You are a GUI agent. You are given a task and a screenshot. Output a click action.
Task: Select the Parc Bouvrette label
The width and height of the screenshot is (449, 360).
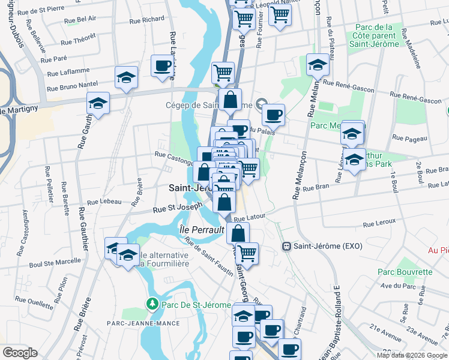[405, 272]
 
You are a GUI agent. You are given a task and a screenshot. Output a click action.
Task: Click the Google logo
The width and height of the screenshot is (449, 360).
[20, 353]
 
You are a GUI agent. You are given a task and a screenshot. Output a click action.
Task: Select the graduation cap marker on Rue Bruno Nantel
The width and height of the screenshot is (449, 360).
[127, 77]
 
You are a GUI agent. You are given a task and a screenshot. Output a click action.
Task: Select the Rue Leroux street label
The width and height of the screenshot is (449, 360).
[379, 224]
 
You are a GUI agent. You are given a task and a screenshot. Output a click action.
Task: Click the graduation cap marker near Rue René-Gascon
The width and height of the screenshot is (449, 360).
[317, 65]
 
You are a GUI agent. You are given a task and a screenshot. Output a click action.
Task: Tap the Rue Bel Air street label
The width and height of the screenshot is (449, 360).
[85, 19]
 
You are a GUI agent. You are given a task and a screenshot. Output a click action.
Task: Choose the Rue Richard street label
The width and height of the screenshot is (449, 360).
[146, 19]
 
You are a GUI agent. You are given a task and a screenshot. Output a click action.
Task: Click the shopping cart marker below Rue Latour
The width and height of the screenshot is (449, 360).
[247, 253]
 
